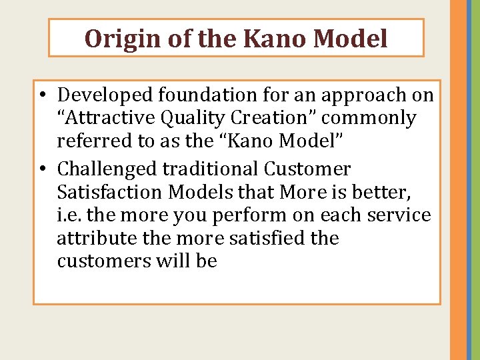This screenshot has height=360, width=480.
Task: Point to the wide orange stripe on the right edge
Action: tap(458, 180)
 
